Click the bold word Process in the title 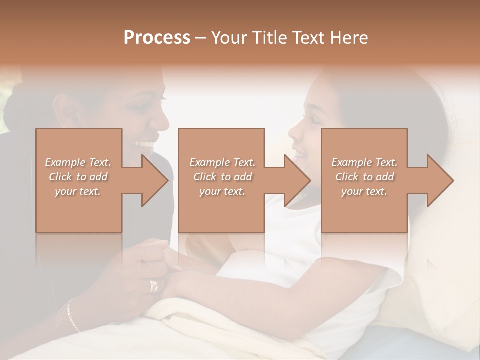point(157,38)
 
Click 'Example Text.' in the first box point(78,162)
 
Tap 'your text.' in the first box point(78,191)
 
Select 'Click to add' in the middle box point(222,177)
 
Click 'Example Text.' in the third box point(364,162)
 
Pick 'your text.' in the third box point(364,191)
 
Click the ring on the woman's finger point(154,286)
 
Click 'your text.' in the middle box point(222,191)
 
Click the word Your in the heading point(230,38)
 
